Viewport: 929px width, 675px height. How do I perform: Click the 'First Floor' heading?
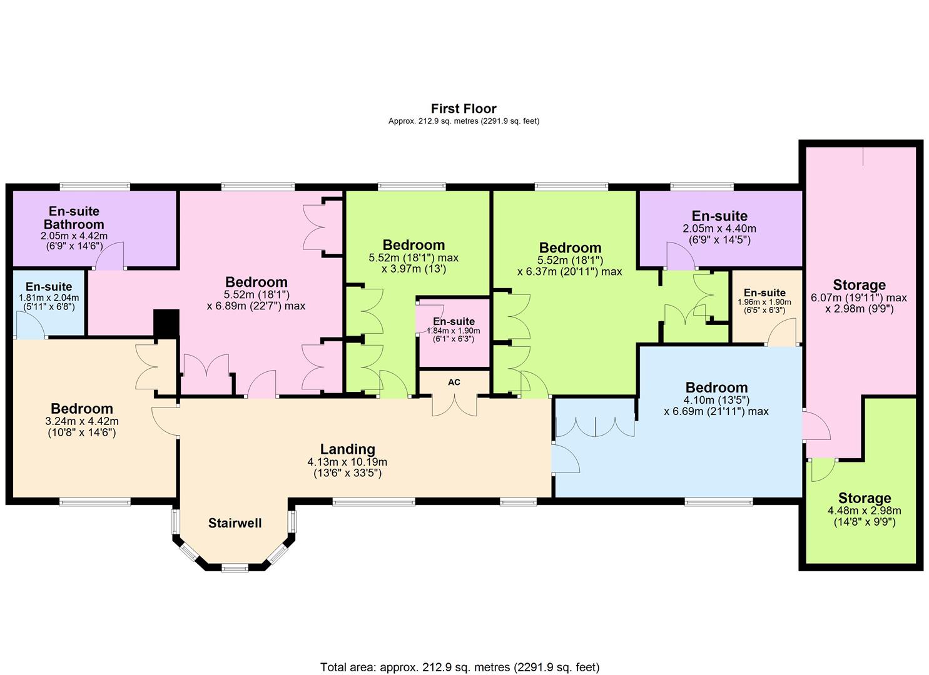(x=464, y=109)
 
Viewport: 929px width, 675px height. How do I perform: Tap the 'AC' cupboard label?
(x=454, y=382)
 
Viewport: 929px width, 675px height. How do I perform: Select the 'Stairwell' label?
(x=235, y=523)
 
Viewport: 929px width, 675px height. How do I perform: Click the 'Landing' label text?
(x=347, y=449)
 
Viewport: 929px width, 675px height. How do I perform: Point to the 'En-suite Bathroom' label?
(x=74, y=217)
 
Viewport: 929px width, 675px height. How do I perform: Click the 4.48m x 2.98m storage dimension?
(x=864, y=511)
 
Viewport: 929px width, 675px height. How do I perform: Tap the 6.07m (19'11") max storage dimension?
(x=858, y=297)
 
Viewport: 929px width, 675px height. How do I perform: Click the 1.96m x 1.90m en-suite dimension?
(x=764, y=302)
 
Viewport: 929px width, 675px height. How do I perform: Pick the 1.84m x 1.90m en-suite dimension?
(x=454, y=331)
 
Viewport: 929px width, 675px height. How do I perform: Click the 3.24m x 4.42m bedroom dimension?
(x=81, y=421)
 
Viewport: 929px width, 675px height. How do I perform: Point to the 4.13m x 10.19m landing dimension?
(x=347, y=462)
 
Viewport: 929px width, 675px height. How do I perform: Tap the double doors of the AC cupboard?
(x=454, y=405)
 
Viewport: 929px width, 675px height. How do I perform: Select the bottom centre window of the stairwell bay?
(x=235, y=568)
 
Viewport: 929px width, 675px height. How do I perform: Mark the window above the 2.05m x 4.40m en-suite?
(x=701, y=186)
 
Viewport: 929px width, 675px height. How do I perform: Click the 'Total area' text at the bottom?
(x=460, y=667)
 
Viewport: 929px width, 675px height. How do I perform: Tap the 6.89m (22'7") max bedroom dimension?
(x=256, y=306)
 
